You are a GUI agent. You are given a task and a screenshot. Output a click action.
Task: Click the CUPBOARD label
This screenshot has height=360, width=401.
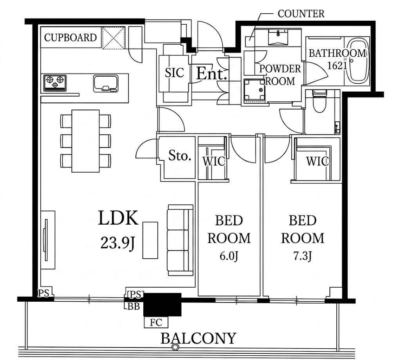pyautogui.click(x=70, y=38)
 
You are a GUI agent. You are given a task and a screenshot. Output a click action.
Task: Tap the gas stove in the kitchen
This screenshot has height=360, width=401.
pyautogui.click(x=55, y=83)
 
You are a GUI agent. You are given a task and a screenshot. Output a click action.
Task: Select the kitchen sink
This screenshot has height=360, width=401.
pyautogui.click(x=106, y=83)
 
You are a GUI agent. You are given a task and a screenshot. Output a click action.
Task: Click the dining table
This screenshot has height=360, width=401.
pyautogui.click(x=85, y=141)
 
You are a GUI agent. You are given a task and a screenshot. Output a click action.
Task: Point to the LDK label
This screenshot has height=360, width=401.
pyautogui.click(x=118, y=218)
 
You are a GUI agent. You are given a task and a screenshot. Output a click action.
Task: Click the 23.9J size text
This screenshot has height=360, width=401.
pyautogui.click(x=117, y=243)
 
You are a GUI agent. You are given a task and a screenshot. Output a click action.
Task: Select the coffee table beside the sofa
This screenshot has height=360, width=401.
pyautogui.click(x=150, y=240)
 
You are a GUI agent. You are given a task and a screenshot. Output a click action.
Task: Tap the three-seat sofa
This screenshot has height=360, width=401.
pyautogui.click(x=180, y=240)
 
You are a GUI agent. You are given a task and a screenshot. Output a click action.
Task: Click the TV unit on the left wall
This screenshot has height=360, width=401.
pyautogui.click(x=48, y=240)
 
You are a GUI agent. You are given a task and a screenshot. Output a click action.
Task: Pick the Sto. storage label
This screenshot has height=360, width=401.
pyautogui.click(x=180, y=155)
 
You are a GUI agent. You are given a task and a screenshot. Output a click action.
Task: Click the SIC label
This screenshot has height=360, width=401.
pyautogui.click(x=174, y=73)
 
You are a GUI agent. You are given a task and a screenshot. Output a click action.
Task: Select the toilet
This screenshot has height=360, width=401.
pyautogui.click(x=319, y=101)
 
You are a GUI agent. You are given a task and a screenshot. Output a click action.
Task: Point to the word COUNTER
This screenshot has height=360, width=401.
pyautogui.click(x=301, y=14)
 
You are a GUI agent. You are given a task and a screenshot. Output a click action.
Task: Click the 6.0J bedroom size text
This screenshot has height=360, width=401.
pyautogui.click(x=229, y=256)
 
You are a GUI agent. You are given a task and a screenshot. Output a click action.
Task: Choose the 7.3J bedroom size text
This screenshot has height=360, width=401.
pyautogui.click(x=303, y=256)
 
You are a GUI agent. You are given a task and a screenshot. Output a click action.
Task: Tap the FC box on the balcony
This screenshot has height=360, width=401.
pyautogui.click(x=156, y=322)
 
